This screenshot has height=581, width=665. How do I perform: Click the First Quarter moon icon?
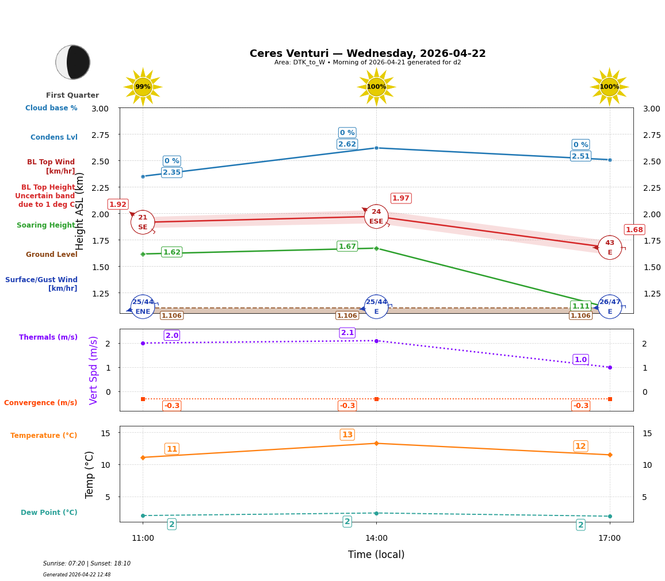72,62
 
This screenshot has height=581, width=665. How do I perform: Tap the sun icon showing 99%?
143,87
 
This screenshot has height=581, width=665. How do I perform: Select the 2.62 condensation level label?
347,144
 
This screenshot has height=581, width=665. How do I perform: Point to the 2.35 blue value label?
171,172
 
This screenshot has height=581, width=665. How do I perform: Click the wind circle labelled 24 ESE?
376,217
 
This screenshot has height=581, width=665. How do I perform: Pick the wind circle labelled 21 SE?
143,222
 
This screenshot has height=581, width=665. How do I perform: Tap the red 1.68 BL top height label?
634,230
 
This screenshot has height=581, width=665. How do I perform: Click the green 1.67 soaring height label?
347,247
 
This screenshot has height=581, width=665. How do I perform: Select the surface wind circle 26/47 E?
610,307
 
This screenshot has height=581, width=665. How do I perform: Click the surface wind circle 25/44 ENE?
143,307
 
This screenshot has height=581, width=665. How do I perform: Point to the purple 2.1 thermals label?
347,333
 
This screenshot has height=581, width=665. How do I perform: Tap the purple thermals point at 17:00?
610,367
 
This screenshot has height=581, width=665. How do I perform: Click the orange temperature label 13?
347,434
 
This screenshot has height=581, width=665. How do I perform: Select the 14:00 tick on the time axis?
376,538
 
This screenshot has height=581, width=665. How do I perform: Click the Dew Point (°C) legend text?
49,513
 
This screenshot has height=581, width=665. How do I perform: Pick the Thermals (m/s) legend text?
48,337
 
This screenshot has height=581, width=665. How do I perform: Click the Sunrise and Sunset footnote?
87,564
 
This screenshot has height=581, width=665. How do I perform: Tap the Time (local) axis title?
376,555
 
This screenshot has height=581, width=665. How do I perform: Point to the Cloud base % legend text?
51,108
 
